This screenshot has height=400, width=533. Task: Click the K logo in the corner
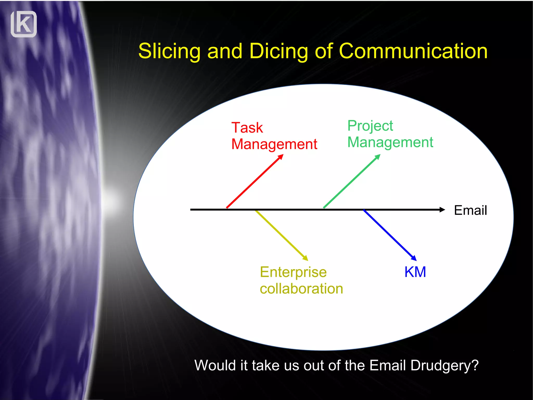click(24, 24)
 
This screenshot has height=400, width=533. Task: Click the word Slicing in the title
click(169, 51)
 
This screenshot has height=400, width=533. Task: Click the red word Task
click(247, 128)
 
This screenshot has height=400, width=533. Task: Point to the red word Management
click(274, 144)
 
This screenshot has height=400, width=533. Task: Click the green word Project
click(370, 126)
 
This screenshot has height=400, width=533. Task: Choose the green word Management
click(390, 142)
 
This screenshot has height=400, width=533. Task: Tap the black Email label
click(470, 210)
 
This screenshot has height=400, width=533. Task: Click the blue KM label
click(415, 272)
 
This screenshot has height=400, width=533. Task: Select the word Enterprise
click(293, 272)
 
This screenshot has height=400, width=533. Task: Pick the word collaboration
click(301, 289)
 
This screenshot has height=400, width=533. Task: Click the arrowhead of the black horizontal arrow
click(442, 210)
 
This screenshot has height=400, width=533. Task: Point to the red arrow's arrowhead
click(281, 157)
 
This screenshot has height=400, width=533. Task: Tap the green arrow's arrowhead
click(378, 157)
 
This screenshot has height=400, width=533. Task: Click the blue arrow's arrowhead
click(414, 258)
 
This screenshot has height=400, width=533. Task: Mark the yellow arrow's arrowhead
click(305, 258)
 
